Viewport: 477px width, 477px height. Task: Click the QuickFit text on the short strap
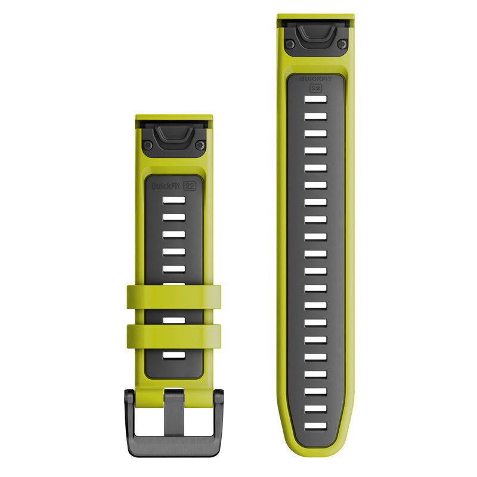[166, 186]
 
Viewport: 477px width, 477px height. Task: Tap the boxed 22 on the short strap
[190, 186]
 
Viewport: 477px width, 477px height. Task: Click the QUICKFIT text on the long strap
[316, 79]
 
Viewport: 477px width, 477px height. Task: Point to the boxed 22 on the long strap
[316, 88]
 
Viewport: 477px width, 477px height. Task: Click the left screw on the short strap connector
[148, 145]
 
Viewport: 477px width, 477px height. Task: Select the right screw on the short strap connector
[200, 145]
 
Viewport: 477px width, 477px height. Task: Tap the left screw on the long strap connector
[290, 44]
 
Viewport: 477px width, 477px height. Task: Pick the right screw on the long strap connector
[342, 44]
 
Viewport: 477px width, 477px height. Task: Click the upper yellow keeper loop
[174, 297]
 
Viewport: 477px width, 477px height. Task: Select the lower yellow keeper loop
[174, 336]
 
